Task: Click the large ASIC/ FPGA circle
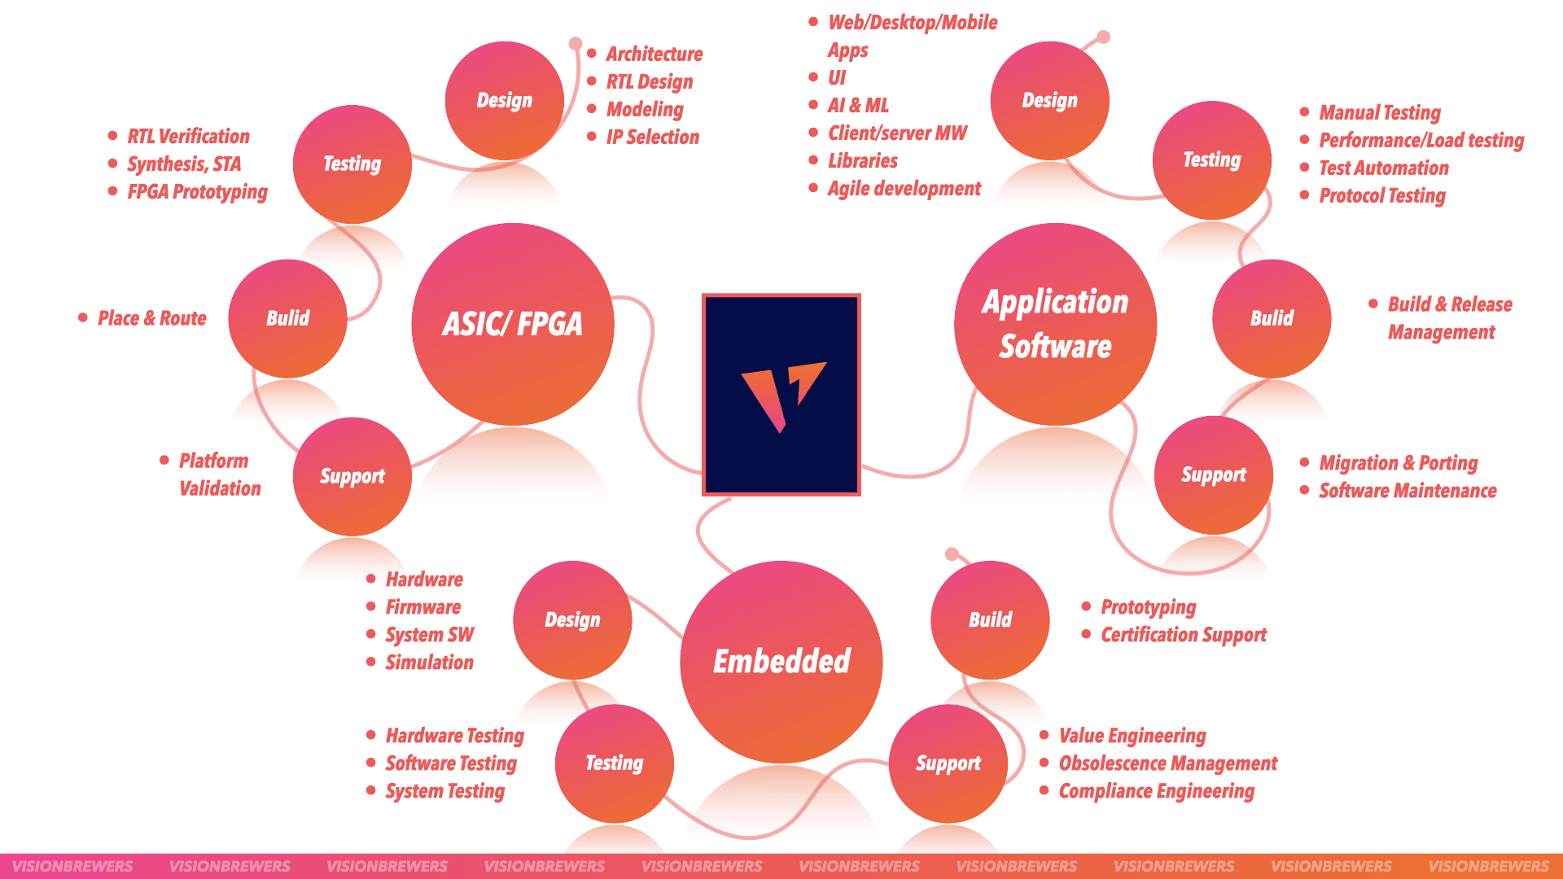513,324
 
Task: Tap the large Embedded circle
781,662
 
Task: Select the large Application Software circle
1056,324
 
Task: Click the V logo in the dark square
783,396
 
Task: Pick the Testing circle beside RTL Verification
352,164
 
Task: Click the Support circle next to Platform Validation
352,476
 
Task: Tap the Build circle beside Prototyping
990,620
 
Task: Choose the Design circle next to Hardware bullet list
572,620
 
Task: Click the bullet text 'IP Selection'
653,137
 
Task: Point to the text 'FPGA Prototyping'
198,192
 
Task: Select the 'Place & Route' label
152,318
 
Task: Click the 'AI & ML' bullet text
858,106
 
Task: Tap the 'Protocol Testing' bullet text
1382,196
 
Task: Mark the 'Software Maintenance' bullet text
1408,491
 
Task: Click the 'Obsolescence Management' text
1168,763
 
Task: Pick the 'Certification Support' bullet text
1184,635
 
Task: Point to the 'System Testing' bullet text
445,791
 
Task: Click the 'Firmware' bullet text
423,607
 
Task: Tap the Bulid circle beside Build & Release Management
1272,318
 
